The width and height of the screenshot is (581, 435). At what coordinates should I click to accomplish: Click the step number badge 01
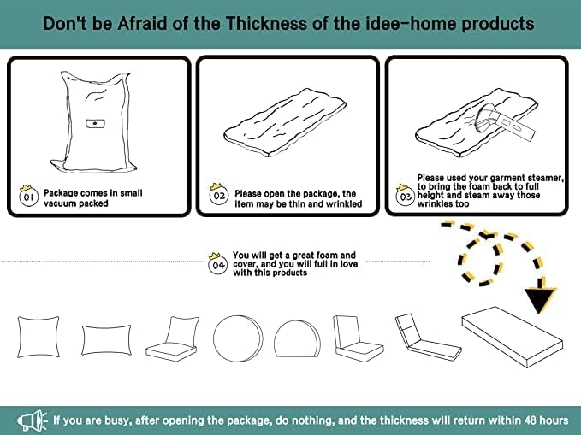(x=27, y=197)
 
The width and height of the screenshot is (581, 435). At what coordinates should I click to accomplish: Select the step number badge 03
(x=406, y=197)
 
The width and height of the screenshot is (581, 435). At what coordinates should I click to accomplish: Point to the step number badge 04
(x=218, y=264)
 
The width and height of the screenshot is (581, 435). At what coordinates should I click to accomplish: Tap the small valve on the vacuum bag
(x=94, y=124)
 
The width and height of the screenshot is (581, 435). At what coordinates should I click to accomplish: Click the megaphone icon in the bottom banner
(x=32, y=420)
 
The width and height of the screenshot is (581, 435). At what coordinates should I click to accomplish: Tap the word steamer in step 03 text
(x=541, y=178)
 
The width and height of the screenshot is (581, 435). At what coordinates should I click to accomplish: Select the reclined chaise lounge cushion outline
(x=427, y=338)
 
